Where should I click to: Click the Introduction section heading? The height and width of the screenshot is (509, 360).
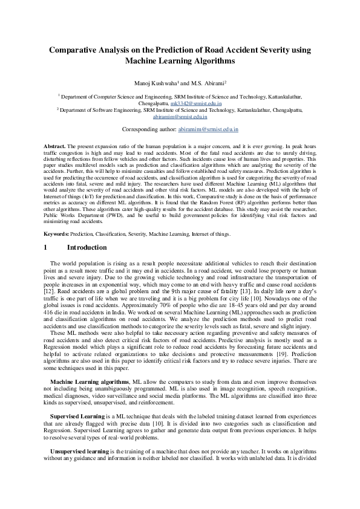pos(87,247)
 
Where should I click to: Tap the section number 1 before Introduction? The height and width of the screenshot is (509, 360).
pos(45,247)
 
